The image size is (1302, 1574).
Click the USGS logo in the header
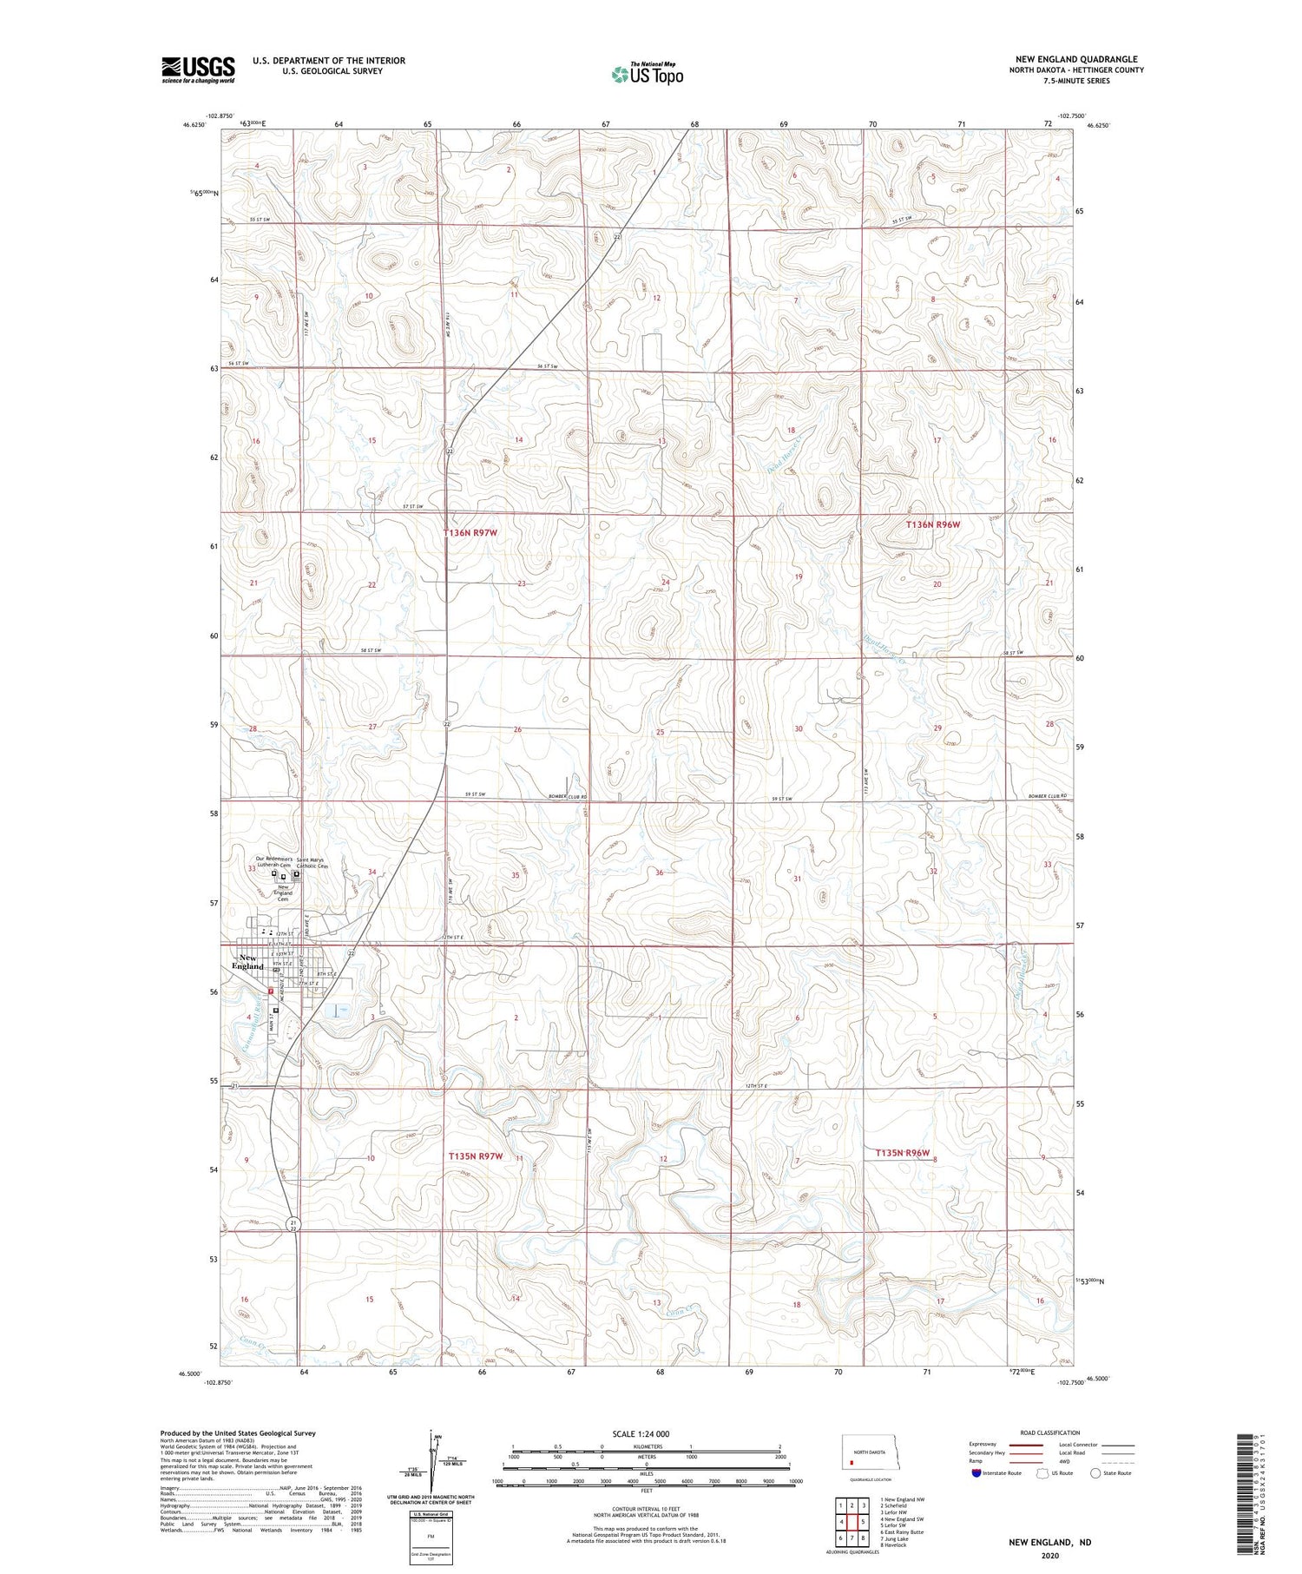(198, 69)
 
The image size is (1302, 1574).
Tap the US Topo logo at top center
(648, 75)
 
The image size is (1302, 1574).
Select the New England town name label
(247, 961)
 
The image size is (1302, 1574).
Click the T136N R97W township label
(470, 532)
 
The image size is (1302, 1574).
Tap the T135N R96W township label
(902, 1153)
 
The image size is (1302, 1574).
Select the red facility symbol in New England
(271, 990)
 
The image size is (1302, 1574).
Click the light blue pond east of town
(338, 1010)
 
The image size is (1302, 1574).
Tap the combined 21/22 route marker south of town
(293, 1225)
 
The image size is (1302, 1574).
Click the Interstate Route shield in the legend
(976, 1473)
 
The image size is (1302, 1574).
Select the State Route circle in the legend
(1095, 1473)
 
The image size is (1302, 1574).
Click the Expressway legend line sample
(1030, 1446)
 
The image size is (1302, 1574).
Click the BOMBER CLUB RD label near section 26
(568, 796)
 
